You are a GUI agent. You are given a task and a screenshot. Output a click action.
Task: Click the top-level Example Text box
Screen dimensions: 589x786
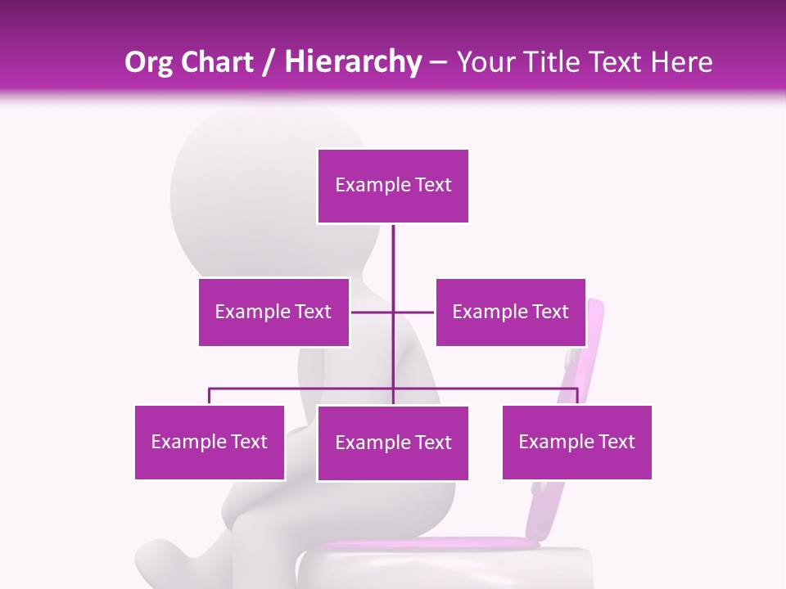[393, 186]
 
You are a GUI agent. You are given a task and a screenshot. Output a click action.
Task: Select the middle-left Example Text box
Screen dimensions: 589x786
[273, 312]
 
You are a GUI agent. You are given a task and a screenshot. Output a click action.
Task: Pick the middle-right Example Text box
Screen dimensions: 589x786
[510, 312]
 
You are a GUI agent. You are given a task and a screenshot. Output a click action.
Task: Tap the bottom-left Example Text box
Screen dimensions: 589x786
[210, 443]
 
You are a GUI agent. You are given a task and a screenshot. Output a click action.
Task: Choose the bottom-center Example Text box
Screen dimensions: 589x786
[393, 443]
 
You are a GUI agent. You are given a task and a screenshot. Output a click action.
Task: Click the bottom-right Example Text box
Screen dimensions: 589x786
[576, 443]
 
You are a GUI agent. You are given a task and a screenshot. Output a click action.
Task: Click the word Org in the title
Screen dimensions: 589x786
[148, 62]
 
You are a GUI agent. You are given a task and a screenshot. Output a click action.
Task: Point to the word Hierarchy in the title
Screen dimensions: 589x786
[353, 62]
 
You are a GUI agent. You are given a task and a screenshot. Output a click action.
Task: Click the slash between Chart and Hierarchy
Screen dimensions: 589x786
[269, 63]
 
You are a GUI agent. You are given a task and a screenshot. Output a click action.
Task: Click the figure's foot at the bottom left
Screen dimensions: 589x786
[160, 564]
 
